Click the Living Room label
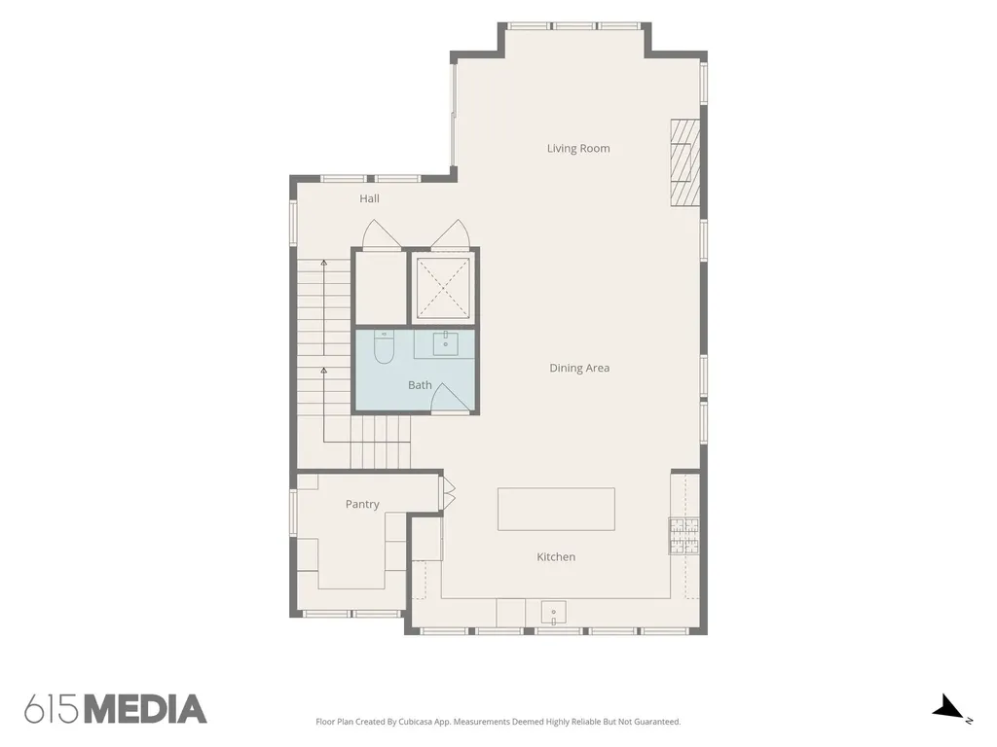578,148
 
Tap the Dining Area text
579,368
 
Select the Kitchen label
556,556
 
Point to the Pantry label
362,504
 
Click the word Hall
369,198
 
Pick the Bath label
420,385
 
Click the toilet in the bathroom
384,347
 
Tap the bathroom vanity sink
446,343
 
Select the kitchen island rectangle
556,509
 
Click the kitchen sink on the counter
553,613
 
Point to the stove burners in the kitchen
683,535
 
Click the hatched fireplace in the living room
684,162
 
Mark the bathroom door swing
451,398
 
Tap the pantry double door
449,494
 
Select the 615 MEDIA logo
116,709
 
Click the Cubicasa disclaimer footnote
498,722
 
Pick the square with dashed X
443,287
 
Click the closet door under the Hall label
381,234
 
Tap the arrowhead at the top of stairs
323,262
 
